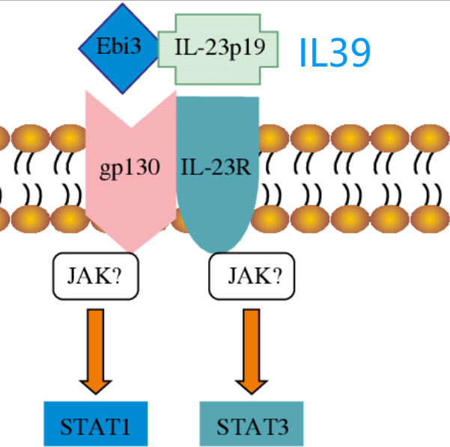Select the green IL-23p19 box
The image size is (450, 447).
pyautogui.click(x=219, y=49)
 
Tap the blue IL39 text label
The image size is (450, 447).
pyautogui.click(x=334, y=53)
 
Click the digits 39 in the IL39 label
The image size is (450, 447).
pyautogui.click(x=349, y=53)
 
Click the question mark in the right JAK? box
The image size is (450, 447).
pyautogui.click(x=276, y=277)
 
